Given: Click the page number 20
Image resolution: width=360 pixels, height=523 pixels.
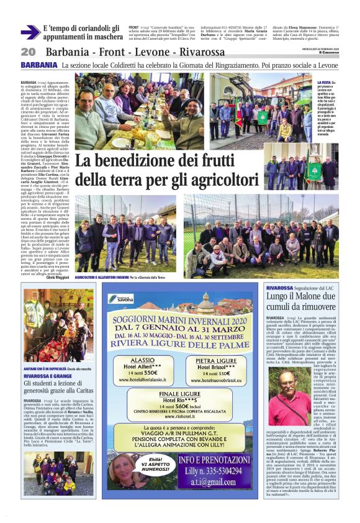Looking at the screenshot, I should tap(27, 52).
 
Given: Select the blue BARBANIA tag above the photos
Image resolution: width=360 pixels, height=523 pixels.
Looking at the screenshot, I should tap(38, 65).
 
